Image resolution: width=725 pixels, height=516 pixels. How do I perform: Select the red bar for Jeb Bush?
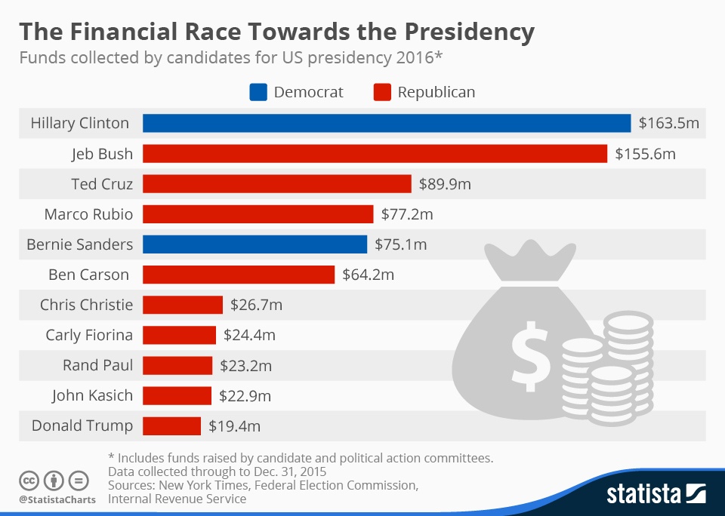click(x=375, y=153)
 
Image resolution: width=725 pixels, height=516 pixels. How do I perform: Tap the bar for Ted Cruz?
click(x=276, y=183)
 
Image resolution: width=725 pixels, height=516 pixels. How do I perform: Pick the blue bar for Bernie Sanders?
click(x=255, y=244)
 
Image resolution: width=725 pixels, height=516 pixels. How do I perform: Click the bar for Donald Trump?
click(x=171, y=425)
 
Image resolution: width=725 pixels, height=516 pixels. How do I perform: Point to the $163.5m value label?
click(x=668, y=123)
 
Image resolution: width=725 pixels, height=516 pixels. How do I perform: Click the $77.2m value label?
click(x=406, y=214)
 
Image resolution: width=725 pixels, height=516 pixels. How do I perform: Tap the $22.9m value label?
click(x=245, y=395)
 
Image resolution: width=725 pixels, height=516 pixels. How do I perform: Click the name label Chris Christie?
click(x=86, y=305)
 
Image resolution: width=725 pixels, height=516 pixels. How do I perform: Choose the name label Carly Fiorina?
click(x=89, y=335)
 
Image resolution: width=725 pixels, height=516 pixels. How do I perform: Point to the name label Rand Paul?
click(x=97, y=365)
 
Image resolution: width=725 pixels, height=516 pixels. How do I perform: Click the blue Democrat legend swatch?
click(x=258, y=93)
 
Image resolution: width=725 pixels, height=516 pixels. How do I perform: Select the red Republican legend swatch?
click(x=381, y=93)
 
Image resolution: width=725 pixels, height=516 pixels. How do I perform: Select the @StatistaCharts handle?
click(x=57, y=499)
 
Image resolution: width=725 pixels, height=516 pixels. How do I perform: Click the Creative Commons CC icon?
click(x=29, y=481)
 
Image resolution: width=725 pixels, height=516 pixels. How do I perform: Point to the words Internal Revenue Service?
click(x=177, y=499)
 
